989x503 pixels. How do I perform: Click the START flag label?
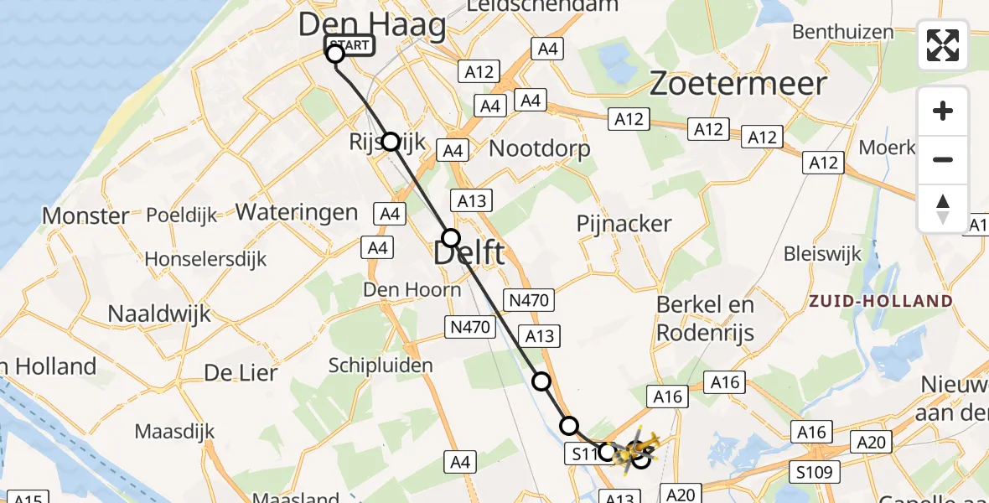[349, 44]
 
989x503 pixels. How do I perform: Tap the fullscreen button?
[943, 45]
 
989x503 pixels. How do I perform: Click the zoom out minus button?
[943, 160]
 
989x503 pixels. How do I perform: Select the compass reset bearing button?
[943, 209]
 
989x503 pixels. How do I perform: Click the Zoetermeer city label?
[738, 83]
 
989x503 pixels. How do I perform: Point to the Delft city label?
[469, 252]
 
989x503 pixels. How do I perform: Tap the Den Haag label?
[372, 24]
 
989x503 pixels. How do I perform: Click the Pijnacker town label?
[624, 224]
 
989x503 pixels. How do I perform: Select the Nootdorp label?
[539, 149]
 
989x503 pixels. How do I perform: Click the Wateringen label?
[297, 211]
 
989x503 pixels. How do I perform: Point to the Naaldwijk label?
[159, 314]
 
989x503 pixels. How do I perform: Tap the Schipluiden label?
[369, 366]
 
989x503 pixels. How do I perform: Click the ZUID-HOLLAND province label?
[879, 301]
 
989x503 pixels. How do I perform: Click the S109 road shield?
[813, 472]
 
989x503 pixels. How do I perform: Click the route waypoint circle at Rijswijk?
[391, 141]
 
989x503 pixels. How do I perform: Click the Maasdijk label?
[175, 432]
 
